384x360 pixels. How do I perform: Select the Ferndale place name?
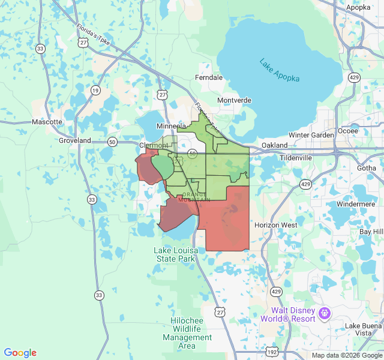point(209,77)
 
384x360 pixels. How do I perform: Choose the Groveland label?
point(74,140)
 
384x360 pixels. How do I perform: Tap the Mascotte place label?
point(47,122)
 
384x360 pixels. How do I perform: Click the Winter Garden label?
point(311,135)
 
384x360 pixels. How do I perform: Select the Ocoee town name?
point(348,130)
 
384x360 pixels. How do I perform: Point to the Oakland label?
point(275,145)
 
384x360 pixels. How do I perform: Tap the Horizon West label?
point(275,225)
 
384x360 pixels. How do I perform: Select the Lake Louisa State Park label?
point(175,254)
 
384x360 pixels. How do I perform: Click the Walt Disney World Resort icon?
point(325,313)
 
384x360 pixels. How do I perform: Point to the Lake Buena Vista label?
point(362,329)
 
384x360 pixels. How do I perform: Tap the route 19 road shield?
point(95,90)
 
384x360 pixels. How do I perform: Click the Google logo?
point(20,353)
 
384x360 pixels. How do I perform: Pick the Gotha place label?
point(366,168)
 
